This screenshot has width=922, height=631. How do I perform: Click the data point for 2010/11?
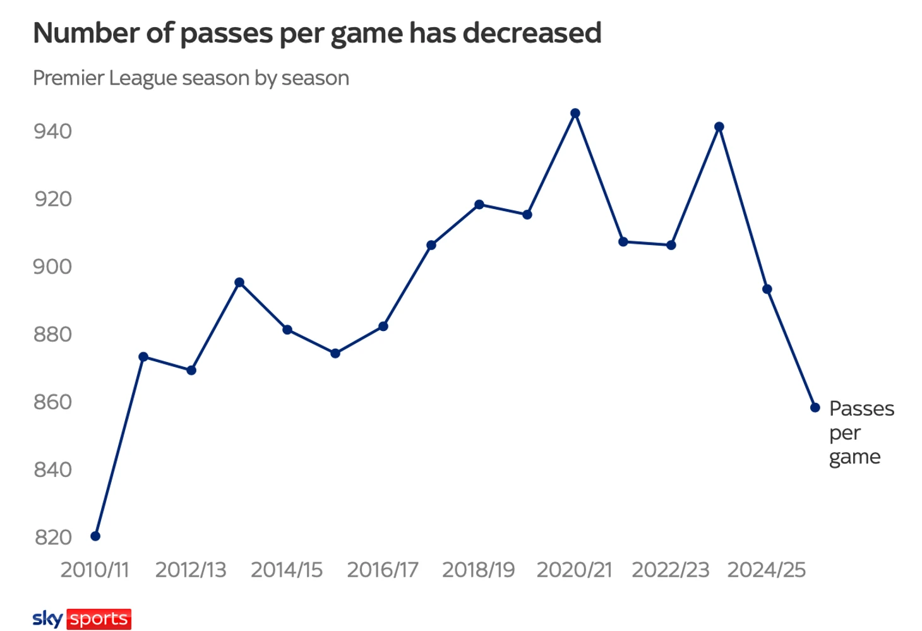pyautogui.click(x=95, y=536)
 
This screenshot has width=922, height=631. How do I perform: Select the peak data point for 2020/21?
pyautogui.click(x=575, y=114)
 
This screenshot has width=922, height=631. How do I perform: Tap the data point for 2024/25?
pyautogui.click(x=767, y=289)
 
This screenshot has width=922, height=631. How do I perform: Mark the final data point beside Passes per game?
pyautogui.click(x=815, y=408)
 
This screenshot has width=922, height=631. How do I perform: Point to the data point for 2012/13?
pyautogui.click(x=191, y=370)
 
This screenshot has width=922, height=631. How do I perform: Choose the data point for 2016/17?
pyautogui.click(x=383, y=327)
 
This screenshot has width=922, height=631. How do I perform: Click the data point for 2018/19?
pyautogui.click(x=479, y=205)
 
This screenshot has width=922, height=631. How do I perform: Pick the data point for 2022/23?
pyautogui.click(x=671, y=245)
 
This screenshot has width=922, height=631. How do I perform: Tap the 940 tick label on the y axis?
pyautogui.click(x=52, y=131)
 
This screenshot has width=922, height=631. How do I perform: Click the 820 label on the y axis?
pyautogui.click(x=52, y=538)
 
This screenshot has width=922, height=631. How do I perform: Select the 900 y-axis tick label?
pyautogui.click(x=52, y=267)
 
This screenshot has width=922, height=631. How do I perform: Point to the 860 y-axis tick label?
pyautogui.click(x=52, y=402)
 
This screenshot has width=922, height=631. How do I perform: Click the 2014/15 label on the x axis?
pyautogui.click(x=287, y=570)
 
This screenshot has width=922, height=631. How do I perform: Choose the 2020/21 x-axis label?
pyautogui.click(x=574, y=570)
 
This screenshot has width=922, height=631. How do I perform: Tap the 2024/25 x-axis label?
pyautogui.click(x=766, y=570)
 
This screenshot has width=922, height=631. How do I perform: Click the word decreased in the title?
pyautogui.click(x=532, y=33)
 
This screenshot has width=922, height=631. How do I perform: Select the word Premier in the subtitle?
pyautogui.click(x=68, y=78)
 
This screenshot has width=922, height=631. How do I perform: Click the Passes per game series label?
pyautogui.click(x=861, y=433)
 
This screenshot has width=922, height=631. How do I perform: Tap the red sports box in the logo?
pyautogui.click(x=99, y=619)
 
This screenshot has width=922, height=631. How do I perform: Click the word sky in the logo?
pyautogui.click(x=47, y=619)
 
